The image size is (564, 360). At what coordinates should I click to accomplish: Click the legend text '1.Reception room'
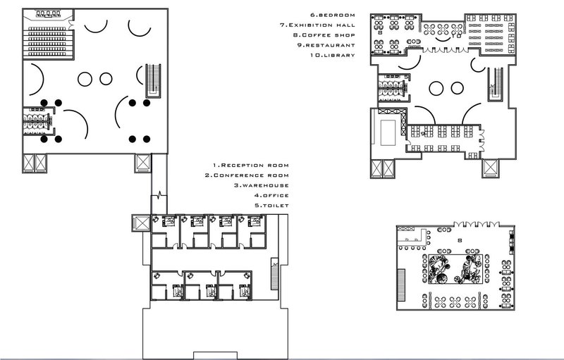(x=247, y=165)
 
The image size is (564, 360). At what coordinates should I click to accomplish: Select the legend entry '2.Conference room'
(x=247, y=175)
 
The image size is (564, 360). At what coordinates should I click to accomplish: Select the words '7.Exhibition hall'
(x=317, y=24)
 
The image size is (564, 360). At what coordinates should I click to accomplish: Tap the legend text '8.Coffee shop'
(x=322, y=34)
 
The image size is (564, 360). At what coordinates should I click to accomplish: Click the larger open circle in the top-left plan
(x=86, y=78)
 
